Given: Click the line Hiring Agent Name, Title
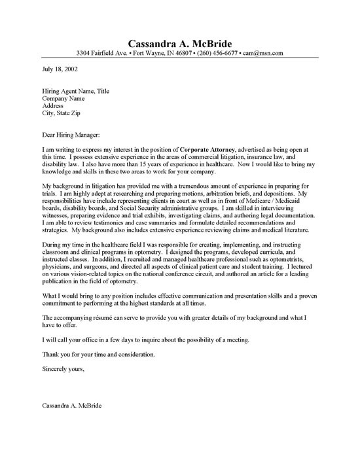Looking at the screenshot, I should pyautogui.click(x=79, y=92).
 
